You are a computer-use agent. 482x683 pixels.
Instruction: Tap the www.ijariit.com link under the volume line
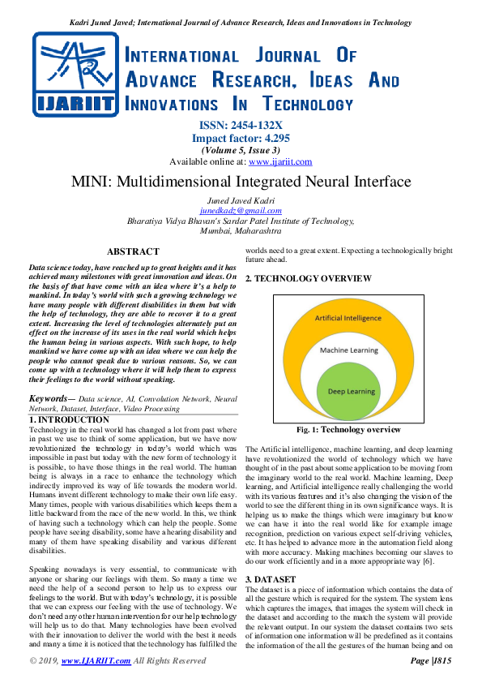click(x=280, y=161)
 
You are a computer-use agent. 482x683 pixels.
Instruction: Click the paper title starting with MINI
click(x=241, y=182)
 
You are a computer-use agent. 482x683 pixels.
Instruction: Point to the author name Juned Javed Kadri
click(x=241, y=200)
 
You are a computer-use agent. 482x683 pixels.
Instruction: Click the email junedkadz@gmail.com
click(x=241, y=210)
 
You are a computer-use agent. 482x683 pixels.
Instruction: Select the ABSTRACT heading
click(x=133, y=252)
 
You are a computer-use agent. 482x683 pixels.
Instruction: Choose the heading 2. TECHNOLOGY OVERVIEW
click(x=309, y=279)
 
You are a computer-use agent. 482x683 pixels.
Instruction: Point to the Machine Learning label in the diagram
click(x=349, y=350)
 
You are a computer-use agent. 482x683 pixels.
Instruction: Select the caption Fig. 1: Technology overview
click(x=348, y=430)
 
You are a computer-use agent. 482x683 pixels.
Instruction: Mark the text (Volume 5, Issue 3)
click(x=241, y=150)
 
